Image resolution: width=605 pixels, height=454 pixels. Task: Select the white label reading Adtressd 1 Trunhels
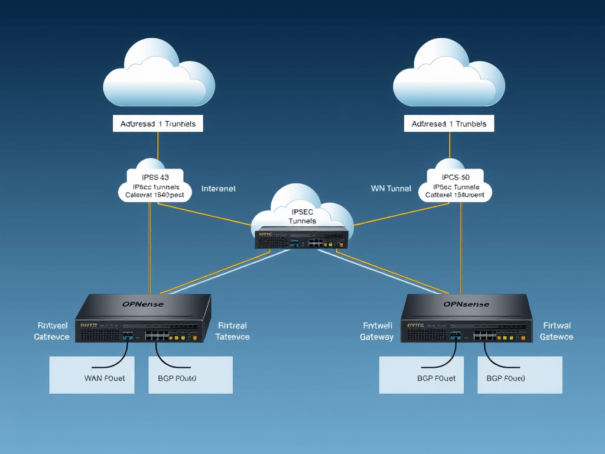158,124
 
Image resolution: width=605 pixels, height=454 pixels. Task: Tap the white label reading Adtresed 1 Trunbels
449,124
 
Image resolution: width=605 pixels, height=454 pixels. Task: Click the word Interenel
218,189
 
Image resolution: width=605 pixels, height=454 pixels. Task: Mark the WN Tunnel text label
391,189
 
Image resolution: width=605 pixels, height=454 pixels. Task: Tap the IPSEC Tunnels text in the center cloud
302,216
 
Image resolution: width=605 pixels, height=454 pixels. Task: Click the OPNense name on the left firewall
143,304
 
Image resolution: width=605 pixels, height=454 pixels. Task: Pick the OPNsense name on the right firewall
466,304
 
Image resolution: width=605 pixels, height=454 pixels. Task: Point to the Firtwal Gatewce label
556,331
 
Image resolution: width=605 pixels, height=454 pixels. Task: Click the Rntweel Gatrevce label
51,331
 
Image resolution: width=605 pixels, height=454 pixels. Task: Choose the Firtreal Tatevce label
232,331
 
